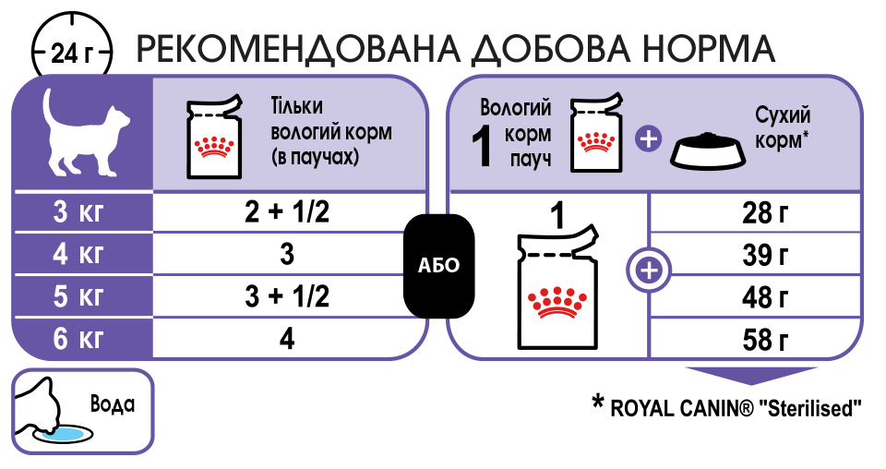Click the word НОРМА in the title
pos(708,49)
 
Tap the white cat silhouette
pos(85,132)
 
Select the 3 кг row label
pos(78,212)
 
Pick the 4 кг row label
pos(78,254)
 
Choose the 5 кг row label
pos(78,296)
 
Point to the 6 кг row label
pos(78,339)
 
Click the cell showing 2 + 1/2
pos(287,212)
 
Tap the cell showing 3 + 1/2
pos(287,296)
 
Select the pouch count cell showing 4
pos(287,339)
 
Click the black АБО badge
pos(439,266)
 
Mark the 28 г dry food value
pos(765,213)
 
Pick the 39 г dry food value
pos(765,256)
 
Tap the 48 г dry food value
pos(765,298)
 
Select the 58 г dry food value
pos(765,340)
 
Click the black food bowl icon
pos(708,150)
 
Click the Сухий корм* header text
pos(782,127)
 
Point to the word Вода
pos(113,404)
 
